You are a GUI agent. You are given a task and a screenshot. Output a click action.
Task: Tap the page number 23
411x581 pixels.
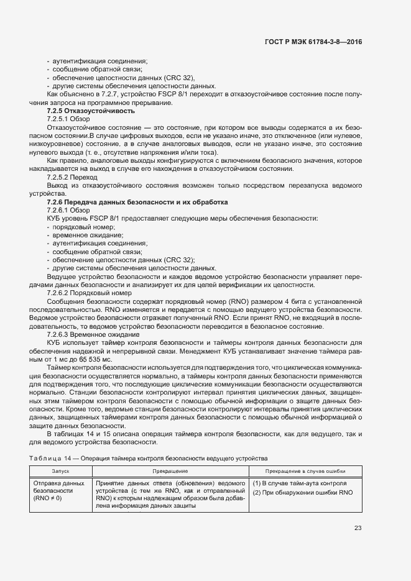(358, 528)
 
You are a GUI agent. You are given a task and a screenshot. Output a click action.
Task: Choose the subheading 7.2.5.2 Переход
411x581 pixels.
(72, 177)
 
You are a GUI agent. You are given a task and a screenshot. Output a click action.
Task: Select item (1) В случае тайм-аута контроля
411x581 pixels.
(299, 483)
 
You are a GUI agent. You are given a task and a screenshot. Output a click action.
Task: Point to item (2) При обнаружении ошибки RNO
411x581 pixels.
(302, 492)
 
